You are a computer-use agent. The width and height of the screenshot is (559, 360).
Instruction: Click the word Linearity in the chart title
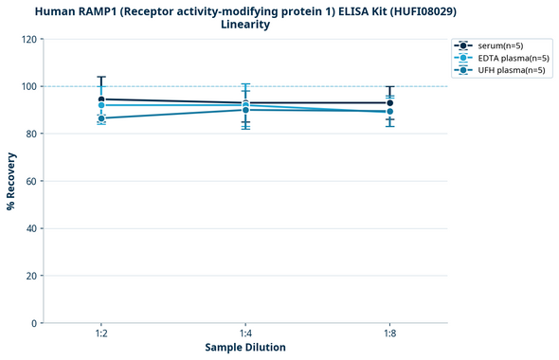(244, 25)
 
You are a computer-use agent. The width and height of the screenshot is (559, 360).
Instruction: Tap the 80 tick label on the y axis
(30, 134)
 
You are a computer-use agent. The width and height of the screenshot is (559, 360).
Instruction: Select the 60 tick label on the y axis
(30, 181)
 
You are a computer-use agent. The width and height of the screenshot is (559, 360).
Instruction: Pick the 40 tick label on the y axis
(30, 228)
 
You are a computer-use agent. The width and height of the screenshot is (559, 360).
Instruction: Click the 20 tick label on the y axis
(30, 276)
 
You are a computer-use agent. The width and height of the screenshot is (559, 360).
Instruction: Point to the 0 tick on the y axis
(33, 323)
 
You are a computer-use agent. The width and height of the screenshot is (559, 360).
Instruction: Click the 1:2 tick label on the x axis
(101, 334)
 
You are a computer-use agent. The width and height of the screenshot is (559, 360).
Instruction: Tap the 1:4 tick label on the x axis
(245, 334)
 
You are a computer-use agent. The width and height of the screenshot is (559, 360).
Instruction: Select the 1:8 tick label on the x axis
(390, 334)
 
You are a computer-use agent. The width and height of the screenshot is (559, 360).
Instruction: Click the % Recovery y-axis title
(11, 181)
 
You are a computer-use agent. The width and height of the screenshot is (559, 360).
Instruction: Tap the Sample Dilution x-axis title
(245, 348)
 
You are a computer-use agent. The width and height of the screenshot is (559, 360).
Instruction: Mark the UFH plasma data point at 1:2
(101, 118)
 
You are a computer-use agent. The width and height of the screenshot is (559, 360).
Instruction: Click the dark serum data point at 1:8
(390, 103)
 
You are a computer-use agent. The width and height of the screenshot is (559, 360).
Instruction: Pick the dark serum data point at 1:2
(101, 99)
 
